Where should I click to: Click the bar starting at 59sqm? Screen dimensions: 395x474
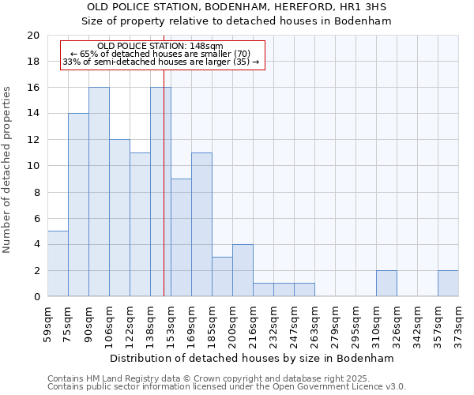point(58,264)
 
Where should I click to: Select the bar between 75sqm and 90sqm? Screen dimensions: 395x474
point(78,205)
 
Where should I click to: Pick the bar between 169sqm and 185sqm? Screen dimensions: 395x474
point(201,224)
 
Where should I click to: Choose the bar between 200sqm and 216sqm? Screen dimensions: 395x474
point(243,270)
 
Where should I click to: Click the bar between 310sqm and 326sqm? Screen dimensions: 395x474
point(386,284)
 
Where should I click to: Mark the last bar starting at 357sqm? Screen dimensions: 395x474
point(448,284)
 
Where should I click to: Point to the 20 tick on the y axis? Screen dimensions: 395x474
point(32,36)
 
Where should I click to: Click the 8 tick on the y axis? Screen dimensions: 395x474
point(36,192)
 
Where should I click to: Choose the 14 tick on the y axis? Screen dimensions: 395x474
point(32,114)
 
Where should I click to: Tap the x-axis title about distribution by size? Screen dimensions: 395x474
point(251,358)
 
